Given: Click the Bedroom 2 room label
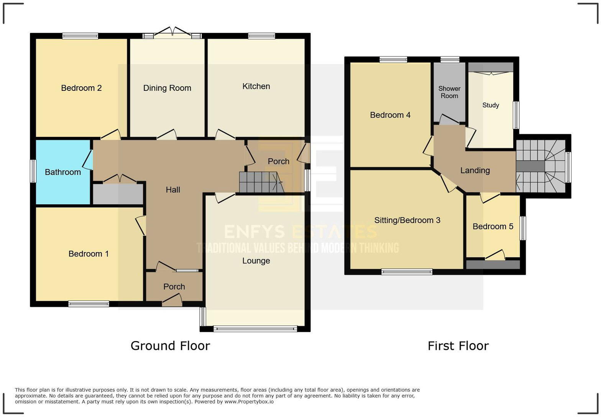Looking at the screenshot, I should [81, 88].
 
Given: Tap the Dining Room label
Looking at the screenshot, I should [167, 88].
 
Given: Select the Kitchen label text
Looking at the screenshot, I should [256, 86].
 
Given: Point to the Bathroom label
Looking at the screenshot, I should [63, 172].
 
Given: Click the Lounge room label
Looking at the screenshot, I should [256, 261].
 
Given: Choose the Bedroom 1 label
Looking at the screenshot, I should [89, 254].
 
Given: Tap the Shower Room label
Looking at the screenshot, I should [449, 92].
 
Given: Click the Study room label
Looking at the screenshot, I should [491, 105].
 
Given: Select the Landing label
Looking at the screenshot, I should [475, 171].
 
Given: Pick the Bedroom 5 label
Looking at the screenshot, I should [493, 227].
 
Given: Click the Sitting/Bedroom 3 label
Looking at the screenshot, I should [407, 220].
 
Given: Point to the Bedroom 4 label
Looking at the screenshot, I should [390, 115].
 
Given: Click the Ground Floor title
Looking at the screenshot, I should [170, 346].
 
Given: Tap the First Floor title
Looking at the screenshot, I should [458, 346].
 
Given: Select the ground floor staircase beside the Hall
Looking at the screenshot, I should [260, 182].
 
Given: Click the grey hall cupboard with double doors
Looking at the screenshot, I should [118, 194].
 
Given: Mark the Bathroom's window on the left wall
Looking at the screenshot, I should [33, 171].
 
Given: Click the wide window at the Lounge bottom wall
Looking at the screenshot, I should [255, 328].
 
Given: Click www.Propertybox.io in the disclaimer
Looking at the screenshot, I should [249, 402].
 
